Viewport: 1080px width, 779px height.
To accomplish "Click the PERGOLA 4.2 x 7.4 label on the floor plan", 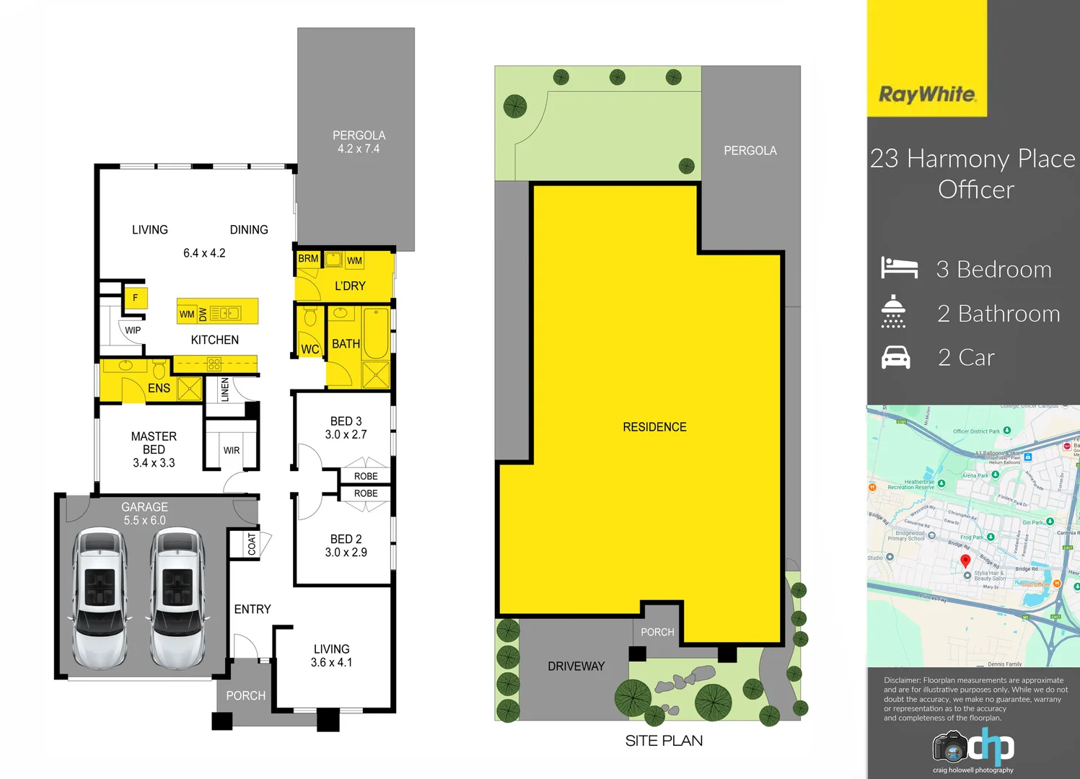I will click(x=359, y=142).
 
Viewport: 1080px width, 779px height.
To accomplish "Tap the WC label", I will click(x=310, y=349).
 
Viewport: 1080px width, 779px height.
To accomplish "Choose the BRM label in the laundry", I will click(x=308, y=258).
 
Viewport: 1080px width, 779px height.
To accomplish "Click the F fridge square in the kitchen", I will click(x=135, y=298).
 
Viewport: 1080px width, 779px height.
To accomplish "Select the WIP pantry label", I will click(x=133, y=330).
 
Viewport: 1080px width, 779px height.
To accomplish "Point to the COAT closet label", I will click(x=252, y=544).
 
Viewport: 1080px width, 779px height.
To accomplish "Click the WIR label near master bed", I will click(x=232, y=451).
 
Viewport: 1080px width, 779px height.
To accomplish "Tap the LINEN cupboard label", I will click(x=225, y=389).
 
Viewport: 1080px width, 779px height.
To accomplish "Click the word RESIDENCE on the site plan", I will click(x=654, y=427).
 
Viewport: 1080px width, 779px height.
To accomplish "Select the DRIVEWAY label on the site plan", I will click(x=576, y=666).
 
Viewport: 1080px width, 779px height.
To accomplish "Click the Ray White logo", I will click(x=927, y=94).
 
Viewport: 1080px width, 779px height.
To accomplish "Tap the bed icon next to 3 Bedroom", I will click(x=899, y=268).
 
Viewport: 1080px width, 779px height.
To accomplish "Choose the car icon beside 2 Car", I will click(x=896, y=357).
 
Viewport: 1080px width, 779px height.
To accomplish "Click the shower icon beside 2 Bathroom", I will click(x=893, y=312).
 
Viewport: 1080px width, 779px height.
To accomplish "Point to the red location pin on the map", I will click(x=965, y=561).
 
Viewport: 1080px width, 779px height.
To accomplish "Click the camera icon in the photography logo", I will click(x=950, y=748).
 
